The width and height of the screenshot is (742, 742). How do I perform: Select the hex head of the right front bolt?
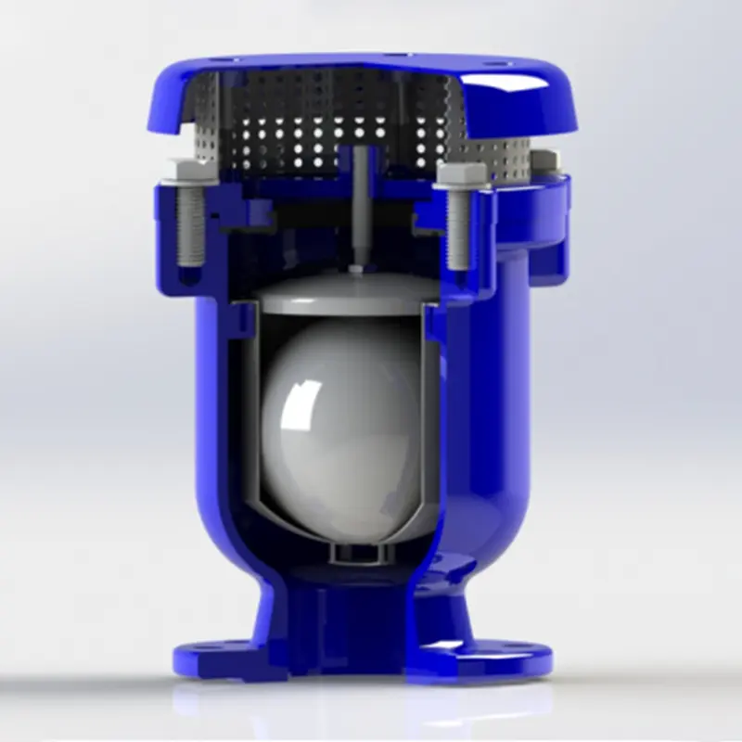tap(461, 176)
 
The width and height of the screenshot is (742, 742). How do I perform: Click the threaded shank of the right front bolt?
tap(457, 232)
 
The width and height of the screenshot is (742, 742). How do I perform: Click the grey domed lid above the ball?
tap(343, 292)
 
